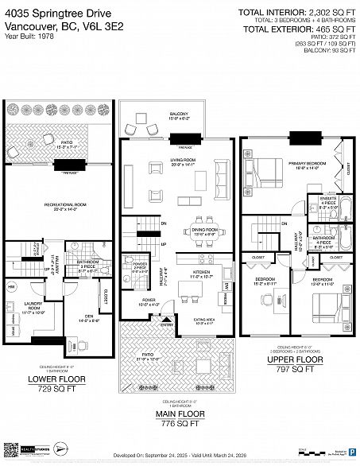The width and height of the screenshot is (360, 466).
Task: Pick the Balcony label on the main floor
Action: [180, 115]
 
